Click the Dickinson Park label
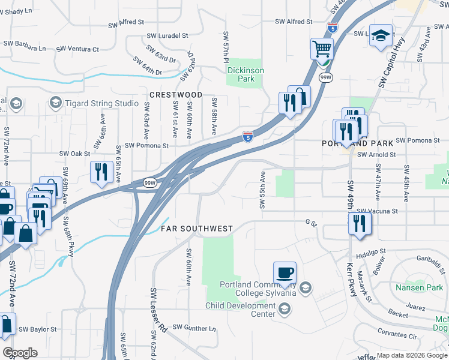pyautogui.click(x=245, y=74)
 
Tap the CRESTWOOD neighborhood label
pyautogui.click(x=176, y=95)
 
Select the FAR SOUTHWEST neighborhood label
pyautogui.click(x=196, y=229)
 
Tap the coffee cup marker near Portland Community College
pyautogui.click(x=285, y=272)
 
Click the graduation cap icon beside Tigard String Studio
pyautogui.click(x=56, y=103)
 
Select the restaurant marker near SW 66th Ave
pyautogui.click(x=101, y=172)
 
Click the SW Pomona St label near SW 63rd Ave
pyautogui.click(x=146, y=146)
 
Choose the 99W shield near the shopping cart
pyautogui.click(x=326, y=78)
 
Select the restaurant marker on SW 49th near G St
pyautogui.click(x=360, y=223)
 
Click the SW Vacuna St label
pyautogui.click(x=377, y=211)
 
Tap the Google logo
pyautogui.click(x=20, y=353)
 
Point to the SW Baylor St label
pyautogui.click(x=38, y=329)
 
